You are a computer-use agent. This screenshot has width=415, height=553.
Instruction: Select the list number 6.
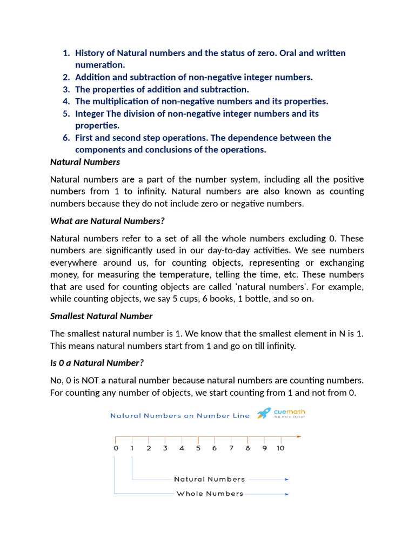click(66, 138)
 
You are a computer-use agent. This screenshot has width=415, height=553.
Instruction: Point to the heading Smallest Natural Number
click(101, 316)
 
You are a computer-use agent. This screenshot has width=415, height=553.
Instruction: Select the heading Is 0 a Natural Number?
click(97, 362)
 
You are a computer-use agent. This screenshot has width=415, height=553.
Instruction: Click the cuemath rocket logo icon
click(264, 414)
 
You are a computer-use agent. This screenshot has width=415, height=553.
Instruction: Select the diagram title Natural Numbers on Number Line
click(180, 415)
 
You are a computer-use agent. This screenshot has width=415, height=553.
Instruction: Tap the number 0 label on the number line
click(116, 448)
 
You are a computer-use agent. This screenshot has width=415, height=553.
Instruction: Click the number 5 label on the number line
click(198, 448)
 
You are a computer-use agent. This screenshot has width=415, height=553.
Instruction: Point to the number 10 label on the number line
click(280, 448)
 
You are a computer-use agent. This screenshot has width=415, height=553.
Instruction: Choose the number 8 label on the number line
click(247, 448)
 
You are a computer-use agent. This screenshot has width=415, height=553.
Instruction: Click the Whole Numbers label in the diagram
click(210, 494)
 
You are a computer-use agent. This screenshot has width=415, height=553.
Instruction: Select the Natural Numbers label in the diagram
click(209, 479)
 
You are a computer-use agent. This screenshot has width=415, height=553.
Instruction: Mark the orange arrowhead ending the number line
click(299, 436)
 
